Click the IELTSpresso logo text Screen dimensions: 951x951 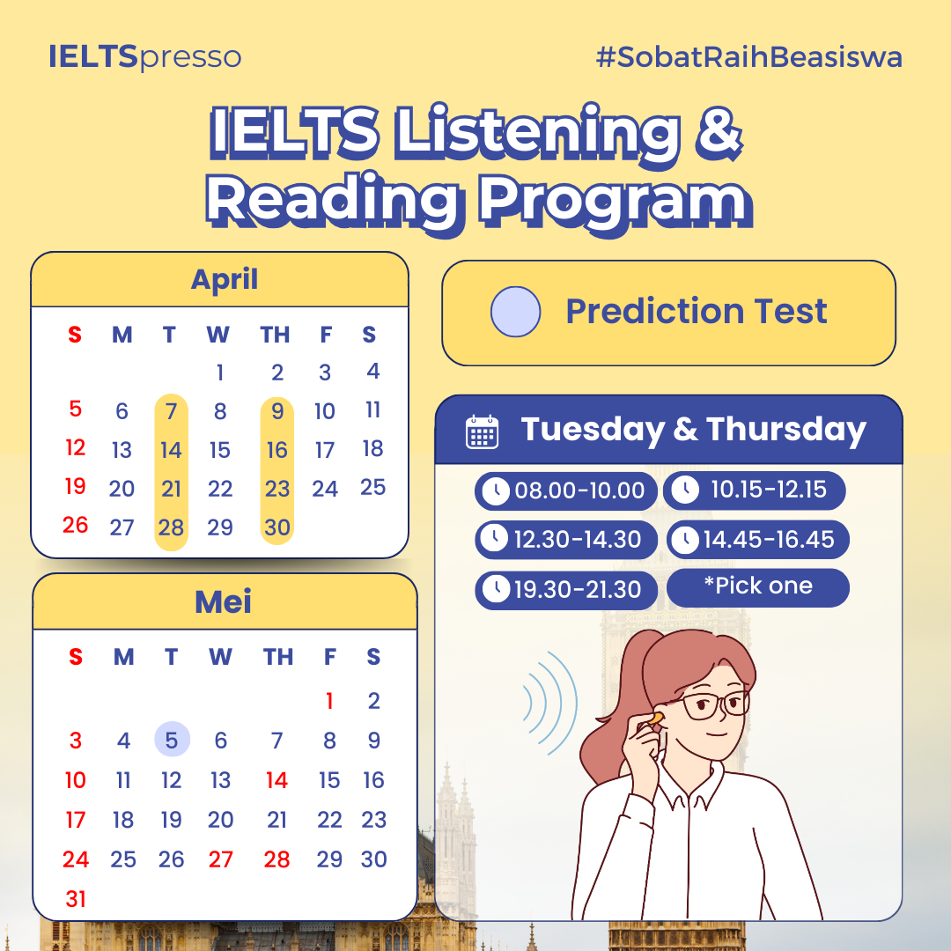pos(145,57)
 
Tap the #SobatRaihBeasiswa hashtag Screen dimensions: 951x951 pos(749,57)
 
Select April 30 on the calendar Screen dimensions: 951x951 pos(277,527)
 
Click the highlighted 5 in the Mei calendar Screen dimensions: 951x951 pos(172,740)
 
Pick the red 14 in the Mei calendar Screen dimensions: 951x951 pos(276,780)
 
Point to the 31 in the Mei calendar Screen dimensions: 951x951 pos(75,899)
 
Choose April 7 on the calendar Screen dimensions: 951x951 pos(171,411)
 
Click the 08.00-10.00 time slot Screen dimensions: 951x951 pos(566,490)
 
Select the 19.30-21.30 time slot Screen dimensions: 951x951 pos(566,589)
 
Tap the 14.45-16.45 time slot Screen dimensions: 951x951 pos(757,539)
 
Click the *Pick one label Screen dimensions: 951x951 pos(757,586)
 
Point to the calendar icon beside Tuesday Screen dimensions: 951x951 pos(483,431)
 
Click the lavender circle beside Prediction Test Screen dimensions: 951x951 pos(515,312)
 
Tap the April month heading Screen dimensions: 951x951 pos(225,280)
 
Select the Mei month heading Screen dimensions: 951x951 pos(223,601)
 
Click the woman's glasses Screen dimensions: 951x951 pos(714,704)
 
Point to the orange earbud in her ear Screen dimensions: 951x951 pos(654,719)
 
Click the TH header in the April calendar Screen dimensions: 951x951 pos(275,335)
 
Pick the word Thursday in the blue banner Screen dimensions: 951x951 pos(786,430)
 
